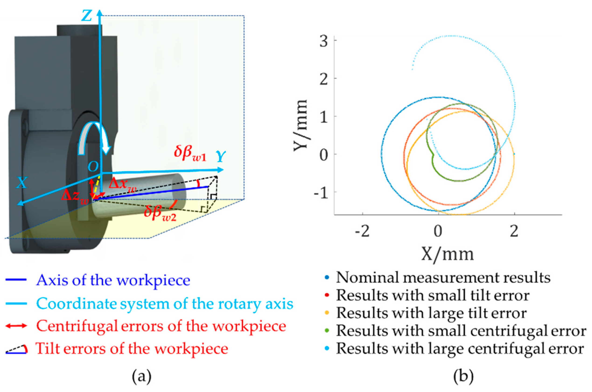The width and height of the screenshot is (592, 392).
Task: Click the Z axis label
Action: [x=87, y=16]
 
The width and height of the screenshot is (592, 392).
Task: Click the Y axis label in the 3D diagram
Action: [x=221, y=157]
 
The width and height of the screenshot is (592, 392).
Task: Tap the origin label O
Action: [x=93, y=166]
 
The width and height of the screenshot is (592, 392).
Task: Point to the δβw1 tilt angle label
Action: [x=190, y=153]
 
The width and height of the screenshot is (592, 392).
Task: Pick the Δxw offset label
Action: [x=123, y=185]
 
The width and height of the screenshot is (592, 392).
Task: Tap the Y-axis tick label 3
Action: [x=323, y=41]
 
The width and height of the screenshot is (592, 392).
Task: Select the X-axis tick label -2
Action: [x=362, y=231]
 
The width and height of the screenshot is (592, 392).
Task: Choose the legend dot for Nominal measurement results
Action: [x=327, y=278]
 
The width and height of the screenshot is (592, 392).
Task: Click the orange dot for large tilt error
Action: [x=327, y=313]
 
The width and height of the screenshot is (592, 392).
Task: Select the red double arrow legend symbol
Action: [x=16, y=326]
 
